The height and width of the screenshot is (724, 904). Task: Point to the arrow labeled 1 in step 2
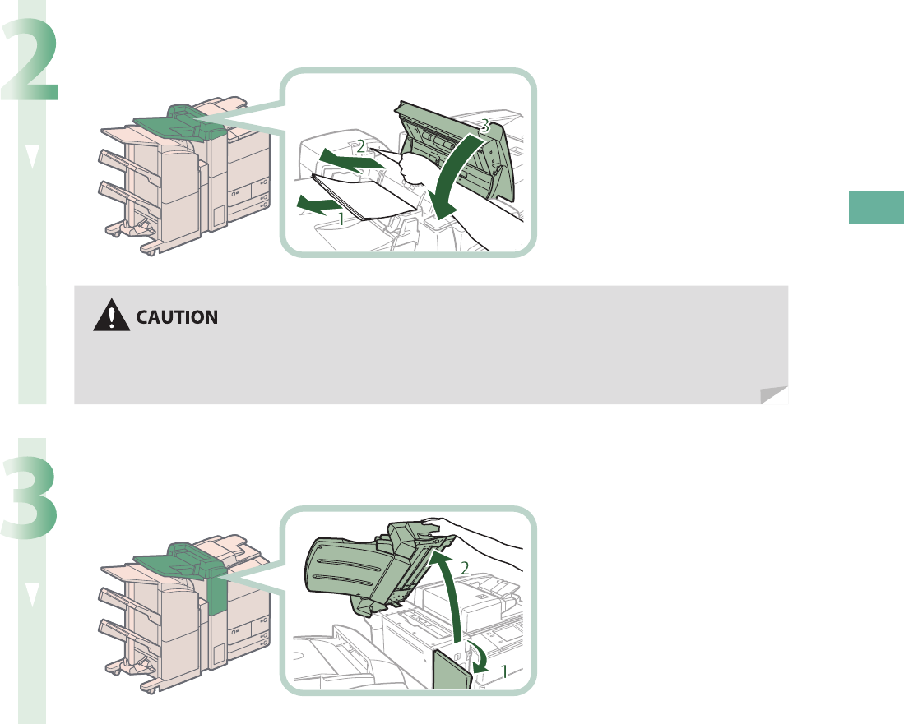[x=316, y=203]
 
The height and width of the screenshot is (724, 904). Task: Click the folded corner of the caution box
[x=773, y=396]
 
